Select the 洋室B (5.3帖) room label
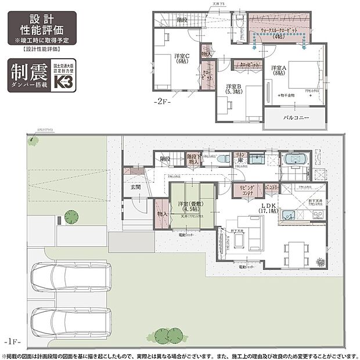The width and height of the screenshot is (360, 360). [235, 89]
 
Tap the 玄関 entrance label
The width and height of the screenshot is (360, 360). [135, 187]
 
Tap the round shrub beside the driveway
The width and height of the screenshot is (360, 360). [71, 217]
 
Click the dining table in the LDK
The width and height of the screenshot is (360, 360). [296, 251]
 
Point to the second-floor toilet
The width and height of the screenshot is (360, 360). [239, 21]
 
